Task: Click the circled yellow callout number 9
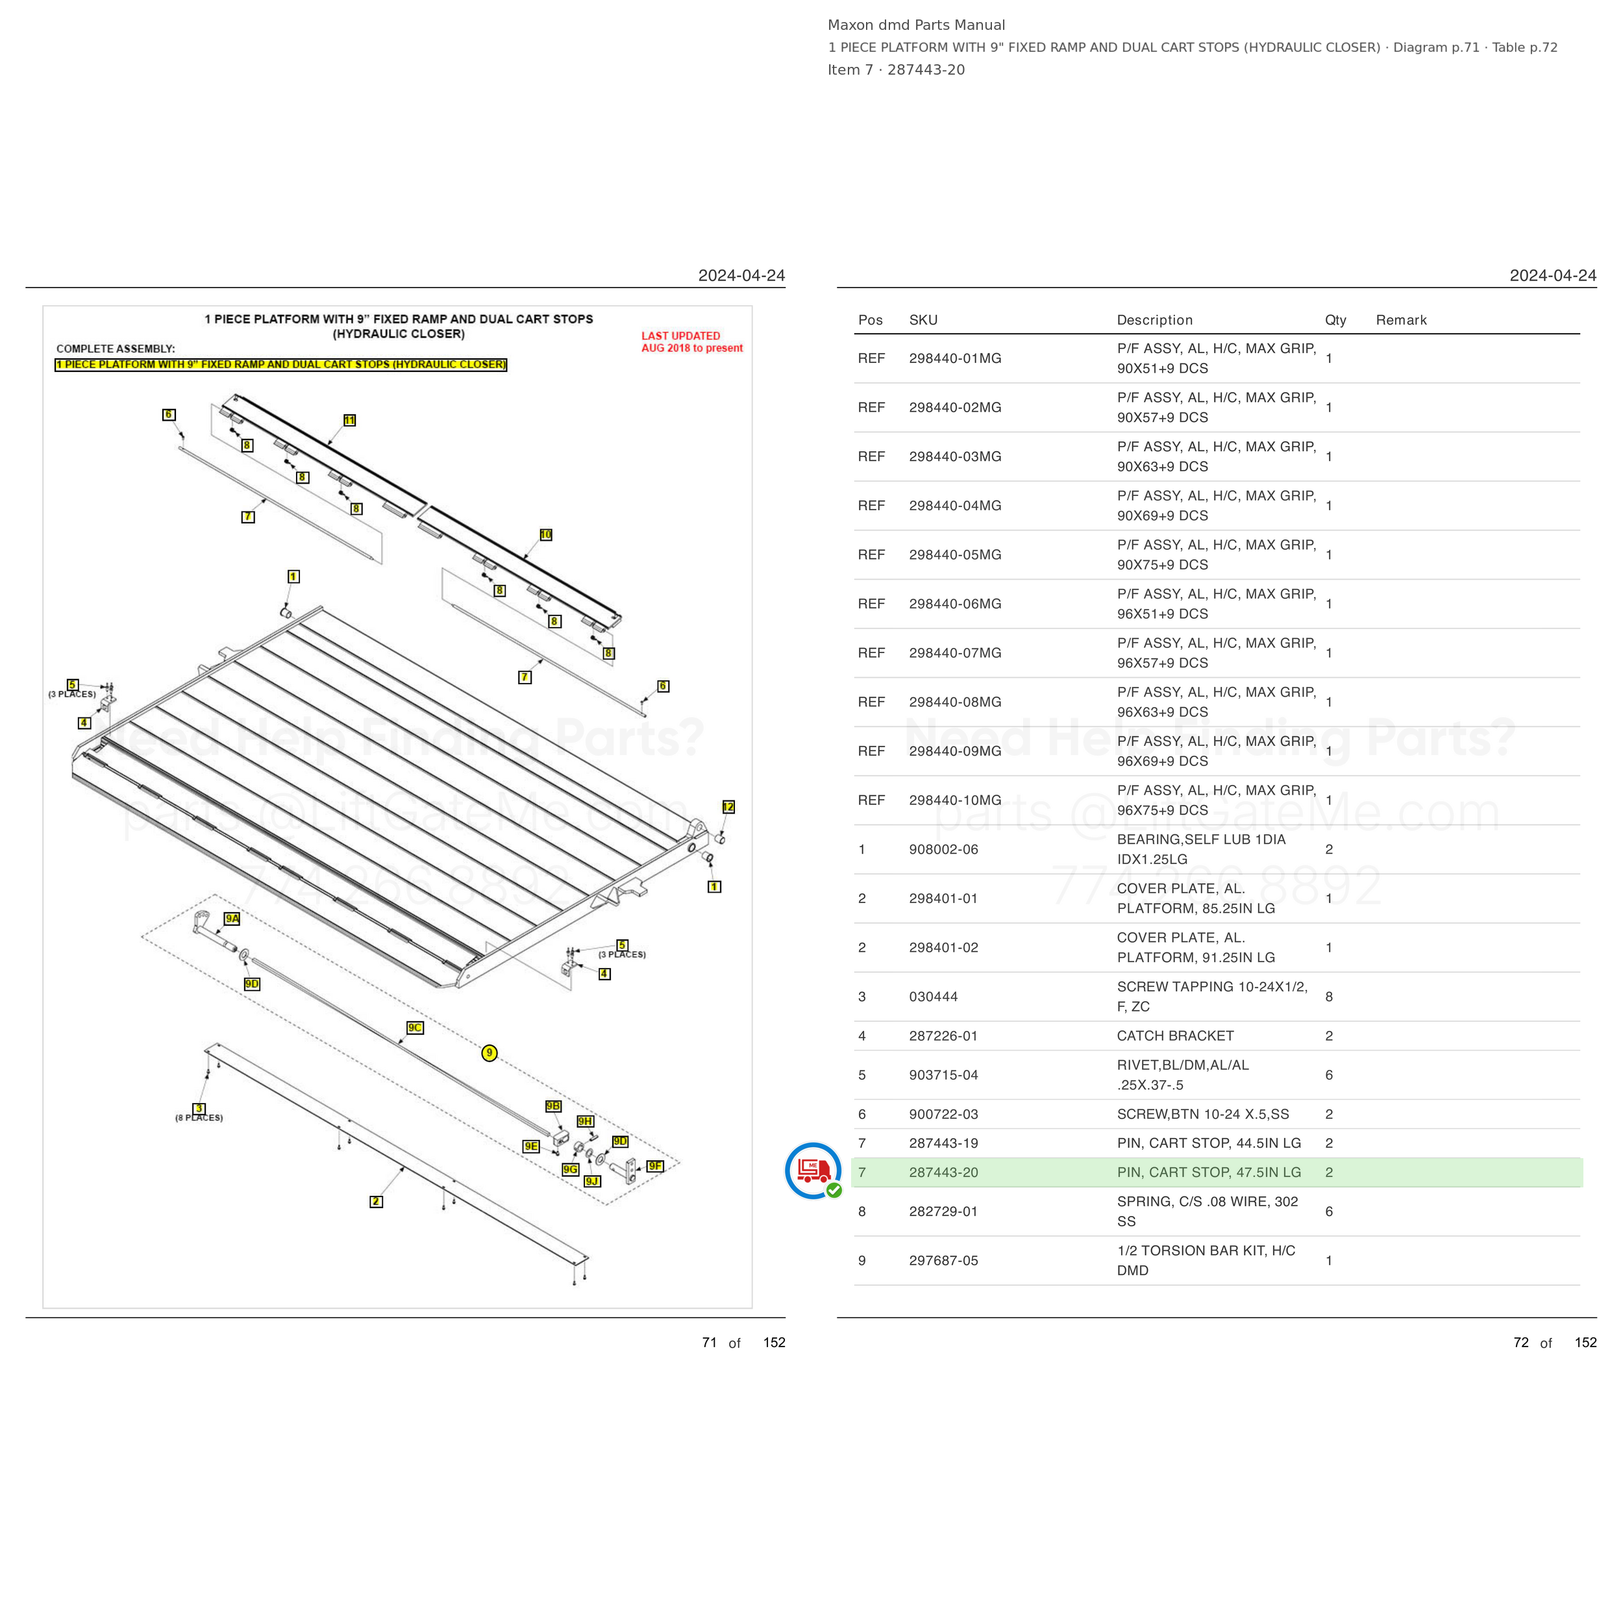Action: point(489,1052)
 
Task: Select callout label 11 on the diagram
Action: point(349,420)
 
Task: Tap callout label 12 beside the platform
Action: point(728,806)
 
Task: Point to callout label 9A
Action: point(232,918)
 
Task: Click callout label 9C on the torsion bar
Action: point(415,1028)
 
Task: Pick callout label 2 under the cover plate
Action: point(377,1201)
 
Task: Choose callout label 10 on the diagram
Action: point(546,534)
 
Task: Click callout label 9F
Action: point(655,1166)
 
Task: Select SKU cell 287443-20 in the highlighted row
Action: point(943,1172)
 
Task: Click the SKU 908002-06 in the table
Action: point(943,849)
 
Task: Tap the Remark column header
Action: point(1401,320)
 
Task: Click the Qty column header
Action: point(1335,320)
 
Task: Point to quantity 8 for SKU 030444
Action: point(1329,997)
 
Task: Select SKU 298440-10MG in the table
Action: point(955,800)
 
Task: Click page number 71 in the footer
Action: point(709,1343)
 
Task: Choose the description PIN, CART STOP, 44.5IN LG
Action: point(1209,1143)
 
